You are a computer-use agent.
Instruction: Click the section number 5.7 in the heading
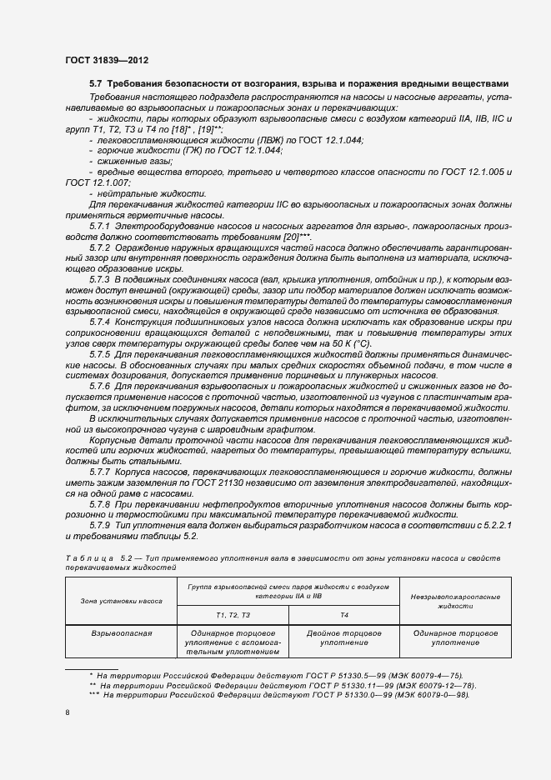point(96,84)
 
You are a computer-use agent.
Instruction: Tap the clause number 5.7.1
point(99,225)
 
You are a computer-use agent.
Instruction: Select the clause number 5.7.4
point(99,321)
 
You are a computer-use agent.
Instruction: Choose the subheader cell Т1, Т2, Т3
point(233,614)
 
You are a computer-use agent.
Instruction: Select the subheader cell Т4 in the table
point(344,614)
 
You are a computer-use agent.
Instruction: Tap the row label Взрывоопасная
point(121,632)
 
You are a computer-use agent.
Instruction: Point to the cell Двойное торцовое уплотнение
point(344,637)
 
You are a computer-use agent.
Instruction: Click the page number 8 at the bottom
point(68,712)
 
